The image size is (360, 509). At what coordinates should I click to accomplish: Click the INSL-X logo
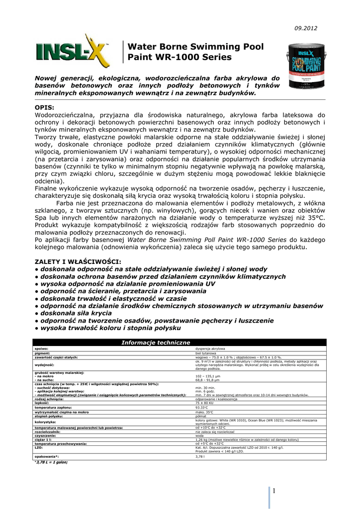pyautogui.click(x=73, y=51)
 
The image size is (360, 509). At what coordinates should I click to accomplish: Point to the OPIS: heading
pyautogui.click(x=44, y=107)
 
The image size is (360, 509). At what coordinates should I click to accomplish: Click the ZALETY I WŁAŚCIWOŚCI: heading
pyautogui.click(x=78, y=261)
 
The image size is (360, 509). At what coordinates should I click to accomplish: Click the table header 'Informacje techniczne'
pyautogui.click(x=156, y=342)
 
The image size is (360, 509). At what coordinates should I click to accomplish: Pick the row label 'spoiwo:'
pyautogui.click(x=41, y=349)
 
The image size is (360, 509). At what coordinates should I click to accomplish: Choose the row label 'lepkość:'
pyautogui.click(x=42, y=403)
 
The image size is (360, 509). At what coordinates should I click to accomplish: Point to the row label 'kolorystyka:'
pyautogui.click(x=45, y=422)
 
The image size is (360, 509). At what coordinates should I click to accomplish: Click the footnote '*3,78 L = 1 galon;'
pyautogui.click(x=51, y=462)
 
